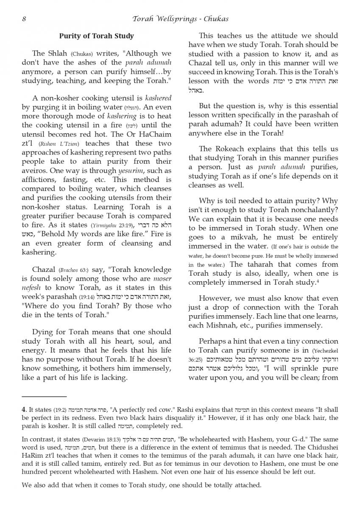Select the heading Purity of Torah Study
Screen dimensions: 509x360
pos(96,36)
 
